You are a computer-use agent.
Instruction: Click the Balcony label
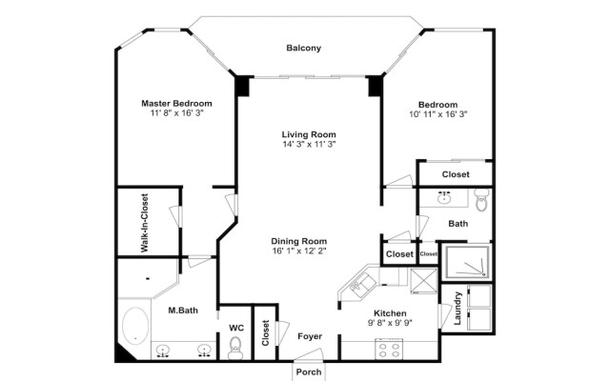tap(304, 49)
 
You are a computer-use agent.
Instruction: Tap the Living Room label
tap(309, 134)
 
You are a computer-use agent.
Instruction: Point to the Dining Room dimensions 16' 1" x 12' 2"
tap(298, 251)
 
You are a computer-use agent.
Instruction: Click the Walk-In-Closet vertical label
tap(145, 222)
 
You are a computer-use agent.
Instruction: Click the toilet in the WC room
tap(235, 350)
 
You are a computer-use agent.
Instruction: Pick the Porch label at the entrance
tap(308, 371)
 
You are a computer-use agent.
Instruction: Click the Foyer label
tap(309, 337)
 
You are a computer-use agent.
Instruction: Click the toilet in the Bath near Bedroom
tap(481, 202)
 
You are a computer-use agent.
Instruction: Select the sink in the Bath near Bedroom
tap(444, 199)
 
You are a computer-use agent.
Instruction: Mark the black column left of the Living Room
tap(243, 86)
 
